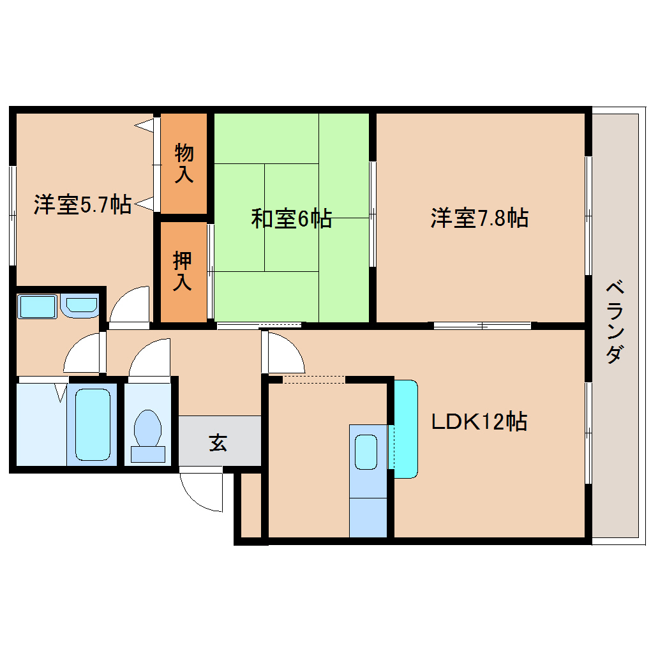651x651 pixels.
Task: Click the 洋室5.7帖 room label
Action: [x=82, y=204]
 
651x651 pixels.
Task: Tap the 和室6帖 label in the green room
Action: [x=292, y=218]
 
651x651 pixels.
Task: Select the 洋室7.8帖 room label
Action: [x=479, y=218]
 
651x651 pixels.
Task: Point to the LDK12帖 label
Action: [x=479, y=421]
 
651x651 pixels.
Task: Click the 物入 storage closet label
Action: [x=184, y=163]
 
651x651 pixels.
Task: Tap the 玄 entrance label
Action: [x=218, y=442]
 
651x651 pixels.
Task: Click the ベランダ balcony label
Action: [x=615, y=322]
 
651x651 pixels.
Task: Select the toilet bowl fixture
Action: [x=148, y=428]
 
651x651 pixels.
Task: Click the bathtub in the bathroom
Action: [x=93, y=424]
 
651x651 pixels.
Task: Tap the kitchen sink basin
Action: [x=366, y=452]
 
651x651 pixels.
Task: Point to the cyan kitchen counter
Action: [x=406, y=429]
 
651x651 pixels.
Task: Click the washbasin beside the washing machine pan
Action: [x=79, y=306]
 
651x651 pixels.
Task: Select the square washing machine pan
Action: [x=37, y=306]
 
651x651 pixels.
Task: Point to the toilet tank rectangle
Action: [x=148, y=454]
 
